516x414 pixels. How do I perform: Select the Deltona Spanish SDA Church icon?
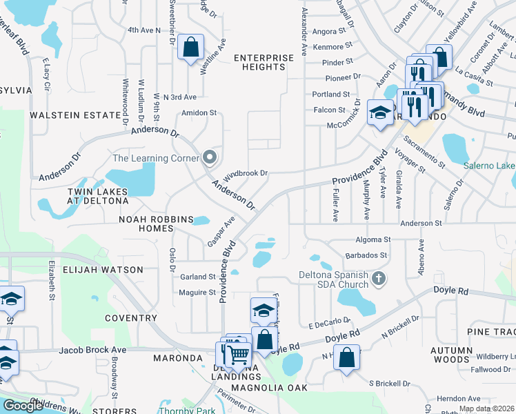click(377, 279)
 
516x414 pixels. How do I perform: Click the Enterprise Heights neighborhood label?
click(259, 62)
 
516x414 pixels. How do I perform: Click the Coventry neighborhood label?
click(131, 318)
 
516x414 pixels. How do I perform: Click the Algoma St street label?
click(373, 239)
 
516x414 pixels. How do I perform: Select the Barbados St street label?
click(366, 255)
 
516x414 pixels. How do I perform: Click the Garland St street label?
click(199, 277)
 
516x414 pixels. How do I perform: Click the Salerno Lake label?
click(489, 166)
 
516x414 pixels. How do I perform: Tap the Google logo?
click(23, 405)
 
